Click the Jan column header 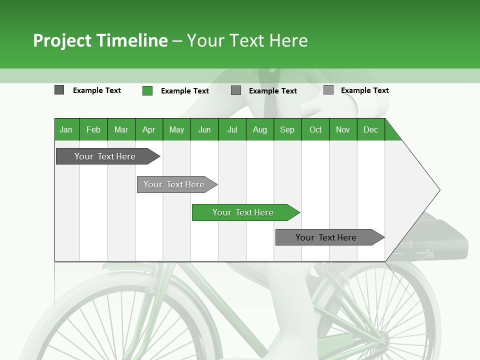point(66,129)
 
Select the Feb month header point(93,129)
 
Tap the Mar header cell point(121,129)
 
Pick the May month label point(176,129)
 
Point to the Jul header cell point(232,129)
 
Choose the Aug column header point(259,129)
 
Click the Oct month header point(315,129)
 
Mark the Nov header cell point(343,129)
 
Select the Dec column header point(370,129)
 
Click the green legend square point(147,90)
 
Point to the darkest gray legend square point(59,90)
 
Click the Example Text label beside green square point(184,91)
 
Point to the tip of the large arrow point(439,190)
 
